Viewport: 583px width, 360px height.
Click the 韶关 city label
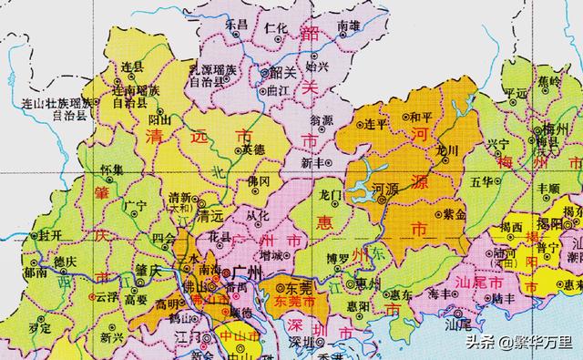coord(277,70)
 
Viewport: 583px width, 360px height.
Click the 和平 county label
coord(421,117)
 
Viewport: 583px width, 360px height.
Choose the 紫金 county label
coord(454,214)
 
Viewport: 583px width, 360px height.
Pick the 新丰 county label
coord(312,162)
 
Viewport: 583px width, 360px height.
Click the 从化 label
coord(258,214)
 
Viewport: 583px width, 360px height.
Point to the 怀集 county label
coord(113,170)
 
